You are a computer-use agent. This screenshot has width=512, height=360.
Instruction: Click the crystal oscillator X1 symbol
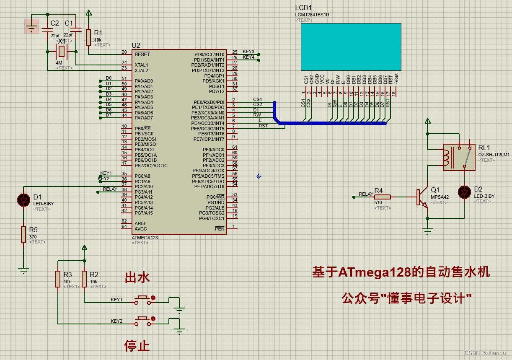[62, 52]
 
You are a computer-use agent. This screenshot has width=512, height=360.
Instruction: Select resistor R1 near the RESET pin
[88, 37]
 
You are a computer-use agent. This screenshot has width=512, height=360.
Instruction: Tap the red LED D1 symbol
[23, 200]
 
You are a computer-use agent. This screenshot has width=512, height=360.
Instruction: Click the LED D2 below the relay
[464, 192]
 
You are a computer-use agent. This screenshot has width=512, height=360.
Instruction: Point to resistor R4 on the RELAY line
[382, 197]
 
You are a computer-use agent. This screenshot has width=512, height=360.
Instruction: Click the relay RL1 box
[459, 157]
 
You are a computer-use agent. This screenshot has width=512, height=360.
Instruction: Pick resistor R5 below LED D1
[23, 234]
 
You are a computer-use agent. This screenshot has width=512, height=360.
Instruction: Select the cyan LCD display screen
[351, 47]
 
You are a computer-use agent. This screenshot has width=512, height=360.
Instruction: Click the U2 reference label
[136, 45]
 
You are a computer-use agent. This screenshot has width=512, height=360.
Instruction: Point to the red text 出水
[137, 277]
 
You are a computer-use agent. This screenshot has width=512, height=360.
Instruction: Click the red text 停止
[137, 346]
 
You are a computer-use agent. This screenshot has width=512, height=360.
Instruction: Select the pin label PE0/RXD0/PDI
[209, 102]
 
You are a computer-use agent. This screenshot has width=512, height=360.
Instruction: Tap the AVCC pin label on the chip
[141, 229]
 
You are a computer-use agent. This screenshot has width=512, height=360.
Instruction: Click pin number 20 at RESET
[124, 52]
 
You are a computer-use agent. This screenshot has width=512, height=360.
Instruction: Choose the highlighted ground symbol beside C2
[31, 26]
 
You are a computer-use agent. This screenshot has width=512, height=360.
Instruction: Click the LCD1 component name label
[303, 8]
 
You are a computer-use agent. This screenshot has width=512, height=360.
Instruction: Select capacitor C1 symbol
[76, 30]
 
